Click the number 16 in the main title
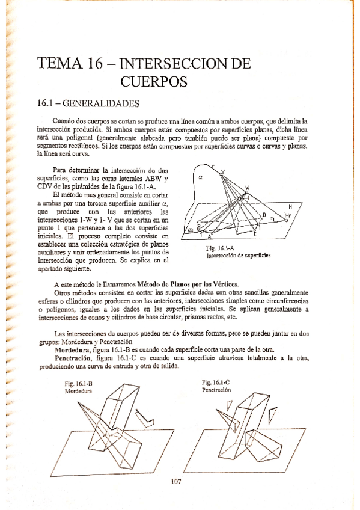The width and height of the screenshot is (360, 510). [88, 64]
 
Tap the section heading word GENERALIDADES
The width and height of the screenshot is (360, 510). [106, 103]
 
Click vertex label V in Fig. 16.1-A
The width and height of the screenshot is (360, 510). [223, 172]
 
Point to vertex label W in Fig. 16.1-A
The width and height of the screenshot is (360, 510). [247, 188]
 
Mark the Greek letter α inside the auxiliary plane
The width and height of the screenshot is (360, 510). [201, 177]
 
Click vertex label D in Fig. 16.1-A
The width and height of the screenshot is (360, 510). [264, 214]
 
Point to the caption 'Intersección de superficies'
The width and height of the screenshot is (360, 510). [237, 255]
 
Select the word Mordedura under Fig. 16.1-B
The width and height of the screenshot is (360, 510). [77, 390]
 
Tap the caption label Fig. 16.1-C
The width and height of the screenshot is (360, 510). [216, 382]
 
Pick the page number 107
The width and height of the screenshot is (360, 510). [176, 481]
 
